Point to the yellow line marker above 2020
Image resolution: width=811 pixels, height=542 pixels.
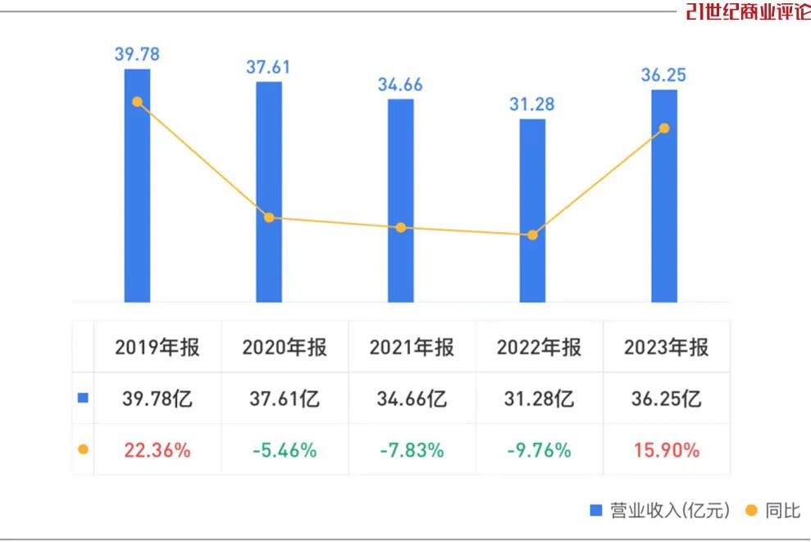pos(269,217)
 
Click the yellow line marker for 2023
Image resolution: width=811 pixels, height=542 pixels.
pos(664,128)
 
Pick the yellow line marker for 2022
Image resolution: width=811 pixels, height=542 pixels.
pos(532,235)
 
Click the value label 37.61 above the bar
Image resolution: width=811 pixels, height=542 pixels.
pos(268,67)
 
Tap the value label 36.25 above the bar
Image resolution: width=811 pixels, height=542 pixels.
pos(663,75)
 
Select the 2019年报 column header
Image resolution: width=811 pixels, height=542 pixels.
pos(157,347)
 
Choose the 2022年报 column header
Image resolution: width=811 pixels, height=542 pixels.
pos(539,347)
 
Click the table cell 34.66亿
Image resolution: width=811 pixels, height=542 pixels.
pos(412,399)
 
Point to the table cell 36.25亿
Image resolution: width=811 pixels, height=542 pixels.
pos(667,399)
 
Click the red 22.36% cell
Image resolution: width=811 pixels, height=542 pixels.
pos(157,450)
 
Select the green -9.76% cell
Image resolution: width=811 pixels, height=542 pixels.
pos(539,450)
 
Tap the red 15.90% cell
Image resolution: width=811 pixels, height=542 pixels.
pos(667,450)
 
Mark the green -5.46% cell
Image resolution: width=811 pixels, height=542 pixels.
pos(285,450)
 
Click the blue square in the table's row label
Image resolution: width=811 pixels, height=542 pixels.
pos(82,399)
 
